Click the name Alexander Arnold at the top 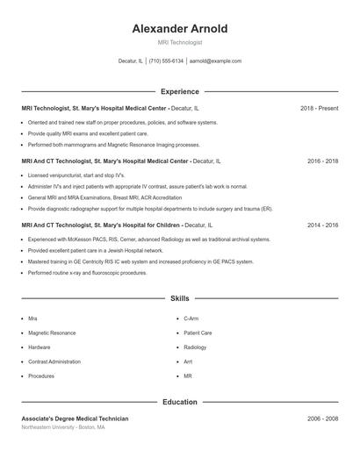coord(180,29)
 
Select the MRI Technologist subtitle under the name coord(180,42)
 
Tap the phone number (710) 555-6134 coord(166,61)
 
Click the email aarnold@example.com coord(215,61)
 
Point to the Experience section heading coord(180,91)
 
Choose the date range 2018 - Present coord(319,108)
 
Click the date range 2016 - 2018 coord(322,161)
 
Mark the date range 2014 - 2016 coord(322,225)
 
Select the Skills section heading coord(180,299)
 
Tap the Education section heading coord(180,402)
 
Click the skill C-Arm coord(191,319)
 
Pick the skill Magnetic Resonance coord(52,333)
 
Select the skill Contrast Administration coord(54,361)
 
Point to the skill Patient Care coord(198,333)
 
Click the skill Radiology coord(195,347)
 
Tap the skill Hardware coord(40,347)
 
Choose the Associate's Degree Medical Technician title coord(75,418)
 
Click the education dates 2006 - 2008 coord(322,418)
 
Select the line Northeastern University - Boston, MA coord(63,427)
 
